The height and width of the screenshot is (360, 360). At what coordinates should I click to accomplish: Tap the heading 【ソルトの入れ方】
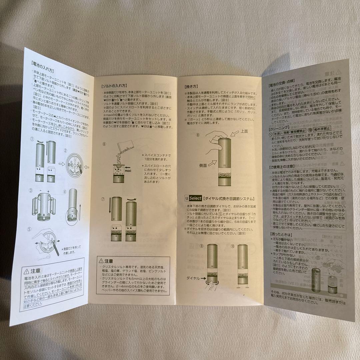tap(114, 86)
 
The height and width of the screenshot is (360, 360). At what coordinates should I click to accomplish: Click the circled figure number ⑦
tap(103, 199)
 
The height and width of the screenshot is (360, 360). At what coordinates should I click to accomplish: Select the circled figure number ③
tap(31, 190)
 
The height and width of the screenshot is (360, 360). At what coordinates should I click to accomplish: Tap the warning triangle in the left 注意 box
tap(26, 270)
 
